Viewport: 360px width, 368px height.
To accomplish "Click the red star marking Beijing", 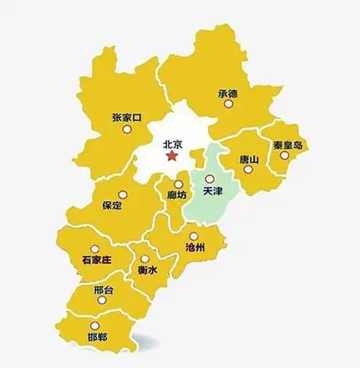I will (171, 156).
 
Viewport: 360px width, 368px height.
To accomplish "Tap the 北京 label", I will (173, 143).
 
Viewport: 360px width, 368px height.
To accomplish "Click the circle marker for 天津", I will (210, 179).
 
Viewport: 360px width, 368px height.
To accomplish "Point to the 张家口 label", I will (127, 117).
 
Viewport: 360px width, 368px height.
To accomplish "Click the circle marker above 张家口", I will (127, 130).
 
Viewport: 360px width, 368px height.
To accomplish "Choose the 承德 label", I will (228, 93).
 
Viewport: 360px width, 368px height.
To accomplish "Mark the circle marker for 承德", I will (228, 104).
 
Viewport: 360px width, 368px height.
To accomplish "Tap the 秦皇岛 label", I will (287, 145).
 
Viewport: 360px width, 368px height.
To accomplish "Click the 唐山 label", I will (248, 158).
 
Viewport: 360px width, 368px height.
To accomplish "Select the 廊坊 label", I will (177, 195).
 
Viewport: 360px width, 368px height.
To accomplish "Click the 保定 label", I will (113, 206).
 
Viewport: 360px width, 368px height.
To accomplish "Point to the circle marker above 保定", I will (122, 194).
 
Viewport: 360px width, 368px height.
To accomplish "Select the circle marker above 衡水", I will (145, 259).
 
